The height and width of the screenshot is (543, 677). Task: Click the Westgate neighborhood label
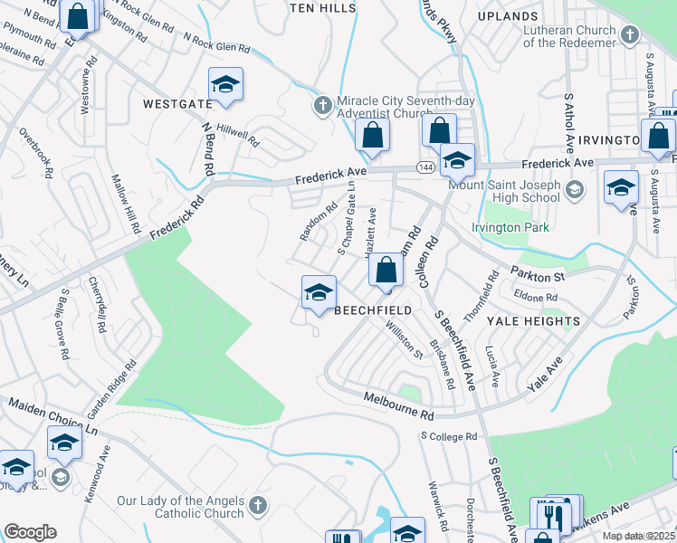click(x=177, y=104)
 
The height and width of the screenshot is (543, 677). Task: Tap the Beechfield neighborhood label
click(x=373, y=310)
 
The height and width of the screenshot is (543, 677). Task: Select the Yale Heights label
click(x=533, y=321)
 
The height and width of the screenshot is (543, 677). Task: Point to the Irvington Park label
click(x=510, y=228)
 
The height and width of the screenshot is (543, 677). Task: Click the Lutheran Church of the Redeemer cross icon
click(x=630, y=35)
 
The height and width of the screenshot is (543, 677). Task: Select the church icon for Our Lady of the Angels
click(x=258, y=504)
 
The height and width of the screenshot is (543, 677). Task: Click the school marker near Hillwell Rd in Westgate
click(x=225, y=86)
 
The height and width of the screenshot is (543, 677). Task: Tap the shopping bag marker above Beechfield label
click(x=386, y=270)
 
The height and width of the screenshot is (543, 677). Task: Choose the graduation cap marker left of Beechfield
click(x=318, y=292)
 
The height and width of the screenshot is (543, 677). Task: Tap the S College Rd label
click(x=448, y=436)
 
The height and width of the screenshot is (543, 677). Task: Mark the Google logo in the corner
click(x=30, y=532)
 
